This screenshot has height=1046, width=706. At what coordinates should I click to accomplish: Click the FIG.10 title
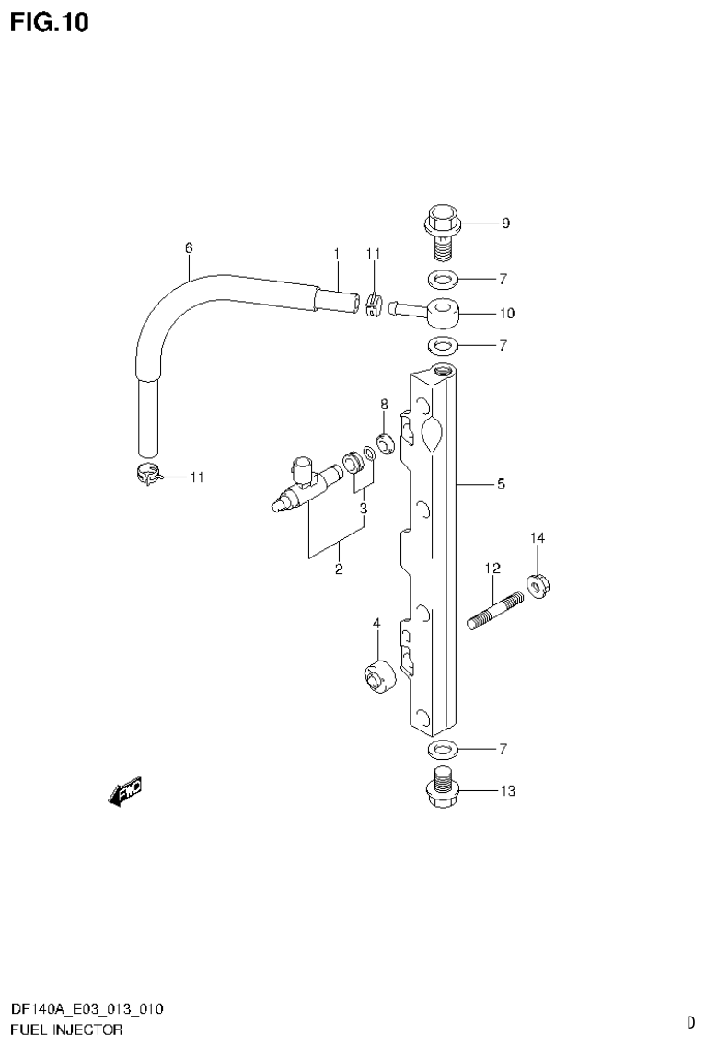pos(50,22)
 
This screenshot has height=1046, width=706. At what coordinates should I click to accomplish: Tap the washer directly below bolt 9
pos(442,279)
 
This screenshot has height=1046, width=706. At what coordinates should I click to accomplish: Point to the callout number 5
pos(501,484)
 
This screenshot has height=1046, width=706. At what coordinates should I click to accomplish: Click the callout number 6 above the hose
pos(189,247)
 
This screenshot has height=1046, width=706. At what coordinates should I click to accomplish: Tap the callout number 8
pos(385,404)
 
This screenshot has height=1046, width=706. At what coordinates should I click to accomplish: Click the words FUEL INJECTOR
pos(67,1029)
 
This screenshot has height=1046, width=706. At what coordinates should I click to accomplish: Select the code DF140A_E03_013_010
pos(87,1010)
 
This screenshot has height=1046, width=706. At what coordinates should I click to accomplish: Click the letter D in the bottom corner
pos(689,1021)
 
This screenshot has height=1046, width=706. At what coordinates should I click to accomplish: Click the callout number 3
pos(364,508)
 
